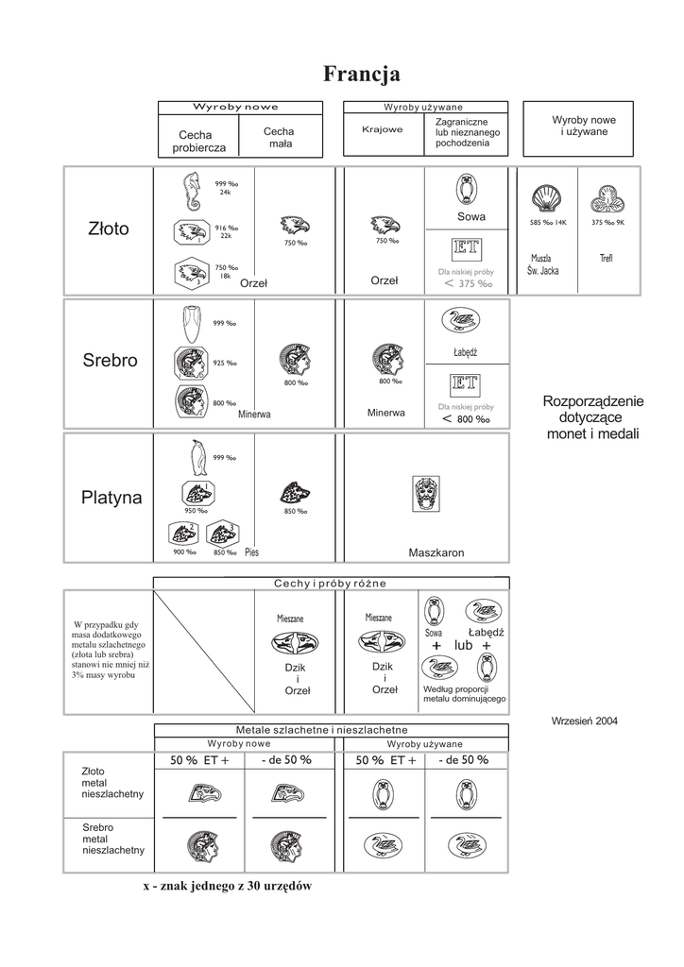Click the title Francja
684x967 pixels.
(x=361, y=74)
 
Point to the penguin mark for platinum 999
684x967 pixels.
(x=197, y=458)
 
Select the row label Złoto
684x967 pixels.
(x=107, y=229)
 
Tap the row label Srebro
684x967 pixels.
(x=110, y=361)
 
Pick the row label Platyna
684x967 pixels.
(x=111, y=498)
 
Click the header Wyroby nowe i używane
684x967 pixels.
(x=583, y=126)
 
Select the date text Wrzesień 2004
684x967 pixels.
(x=584, y=721)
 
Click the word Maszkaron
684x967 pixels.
(x=436, y=552)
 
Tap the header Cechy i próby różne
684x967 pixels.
(x=331, y=583)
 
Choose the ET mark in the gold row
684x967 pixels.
(x=467, y=249)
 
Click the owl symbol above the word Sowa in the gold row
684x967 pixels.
(x=466, y=190)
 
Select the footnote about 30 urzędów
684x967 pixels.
(x=227, y=886)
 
